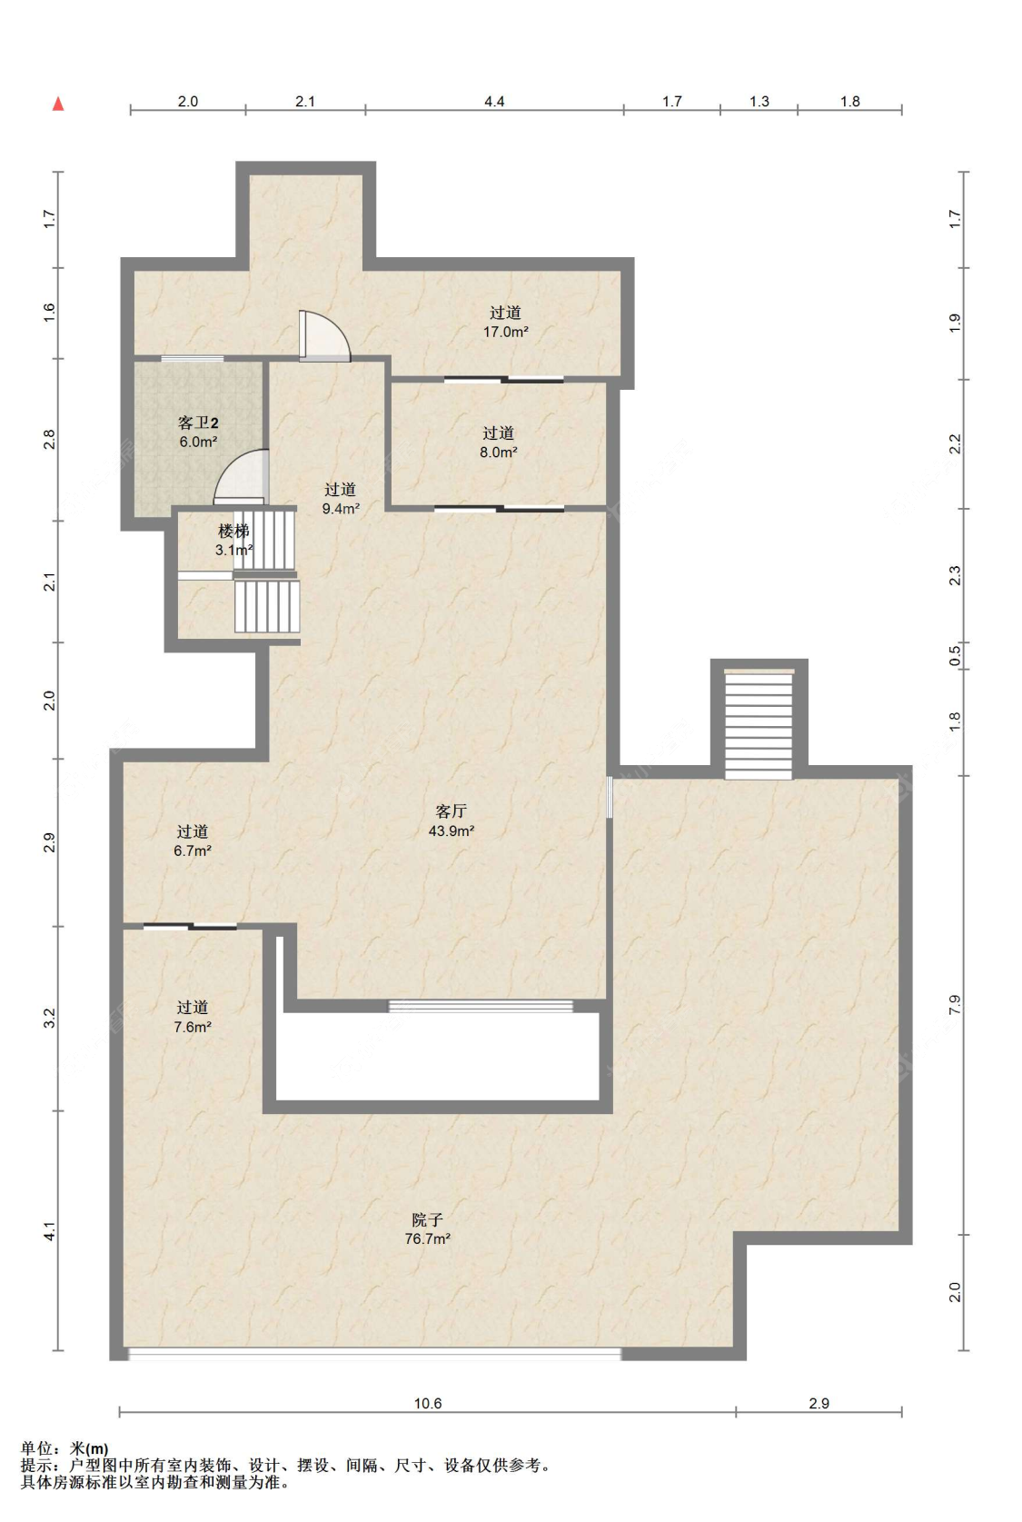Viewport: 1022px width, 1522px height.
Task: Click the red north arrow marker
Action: [x=58, y=104]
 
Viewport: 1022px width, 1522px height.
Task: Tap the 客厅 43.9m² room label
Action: [x=451, y=821]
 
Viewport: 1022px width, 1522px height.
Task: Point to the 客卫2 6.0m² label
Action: [x=198, y=433]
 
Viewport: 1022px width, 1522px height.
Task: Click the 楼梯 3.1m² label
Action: [x=233, y=540]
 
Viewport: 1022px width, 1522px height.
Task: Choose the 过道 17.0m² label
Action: [x=506, y=322]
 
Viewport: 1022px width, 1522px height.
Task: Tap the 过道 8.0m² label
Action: [x=498, y=443]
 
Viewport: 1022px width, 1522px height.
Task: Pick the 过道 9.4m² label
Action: [x=341, y=499]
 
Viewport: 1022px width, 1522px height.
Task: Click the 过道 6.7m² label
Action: [x=193, y=841]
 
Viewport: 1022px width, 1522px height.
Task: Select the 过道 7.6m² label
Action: [x=193, y=1017]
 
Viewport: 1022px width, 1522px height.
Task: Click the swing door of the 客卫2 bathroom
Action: [x=242, y=477]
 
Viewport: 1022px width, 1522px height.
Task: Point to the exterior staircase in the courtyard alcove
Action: [x=759, y=724]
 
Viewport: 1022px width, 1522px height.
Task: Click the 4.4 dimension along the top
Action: [x=494, y=101]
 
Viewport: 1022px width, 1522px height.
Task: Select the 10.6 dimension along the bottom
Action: [x=427, y=1403]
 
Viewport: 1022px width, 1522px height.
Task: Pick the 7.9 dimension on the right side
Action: [x=955, y=1005]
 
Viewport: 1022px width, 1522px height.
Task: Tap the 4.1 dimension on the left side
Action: [x=49, y=1231]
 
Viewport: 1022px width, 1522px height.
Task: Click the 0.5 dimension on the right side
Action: [x=955, y=656]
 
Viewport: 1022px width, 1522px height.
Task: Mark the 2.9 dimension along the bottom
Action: [x=819, y=1403]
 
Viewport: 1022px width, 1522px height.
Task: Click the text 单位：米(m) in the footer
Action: [x=64, y=1448]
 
